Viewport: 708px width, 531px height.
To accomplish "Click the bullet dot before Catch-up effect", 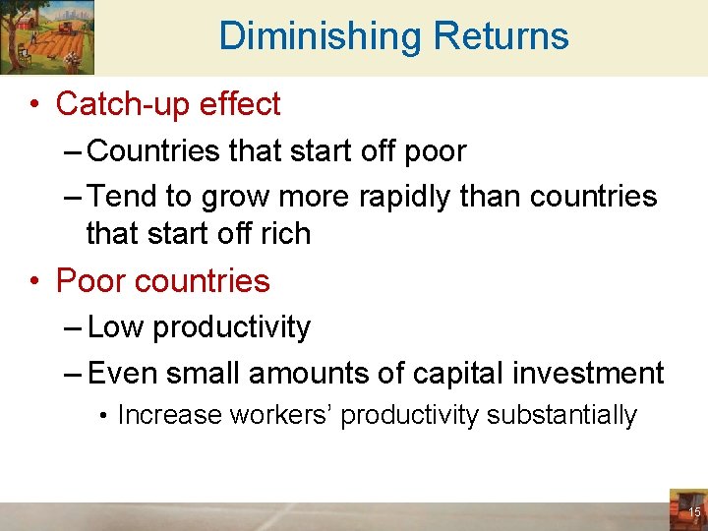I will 35,104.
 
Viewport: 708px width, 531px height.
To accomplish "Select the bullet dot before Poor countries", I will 35,281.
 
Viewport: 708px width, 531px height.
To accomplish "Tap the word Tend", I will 122,197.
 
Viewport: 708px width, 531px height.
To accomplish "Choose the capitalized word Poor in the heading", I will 91,281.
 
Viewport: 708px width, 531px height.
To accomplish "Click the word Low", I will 116,327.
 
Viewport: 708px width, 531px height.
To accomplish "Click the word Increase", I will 169,415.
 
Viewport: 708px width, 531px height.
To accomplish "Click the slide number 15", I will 694,512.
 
